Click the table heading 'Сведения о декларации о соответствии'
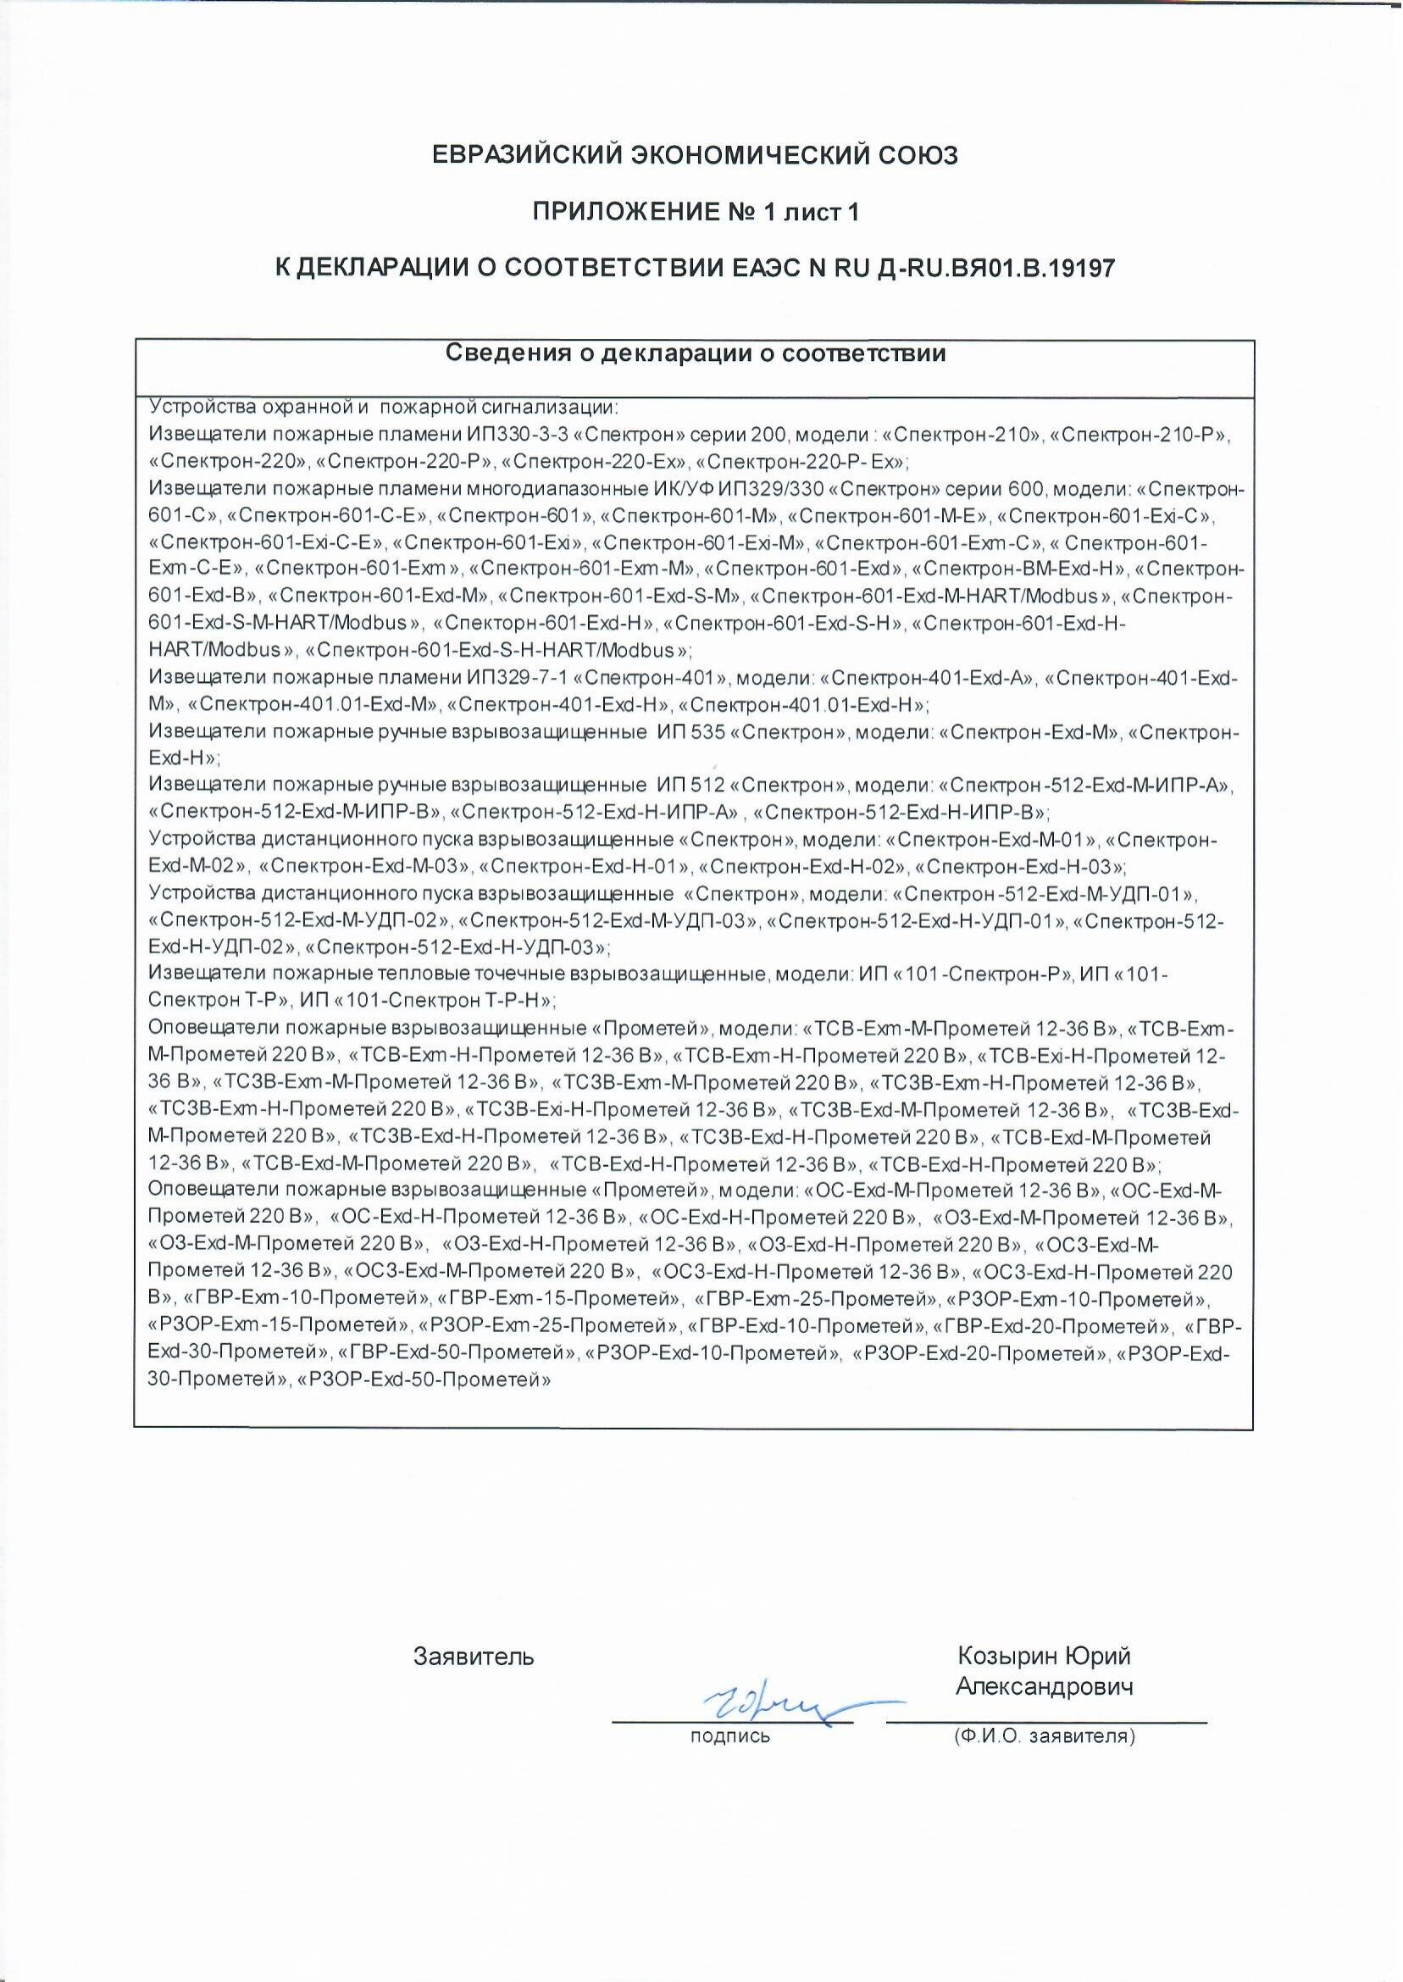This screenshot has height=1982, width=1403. click(695, 353)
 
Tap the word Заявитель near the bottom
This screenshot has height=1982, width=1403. click(474, 1657)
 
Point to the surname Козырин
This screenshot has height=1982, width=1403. click(1006, 1657)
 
